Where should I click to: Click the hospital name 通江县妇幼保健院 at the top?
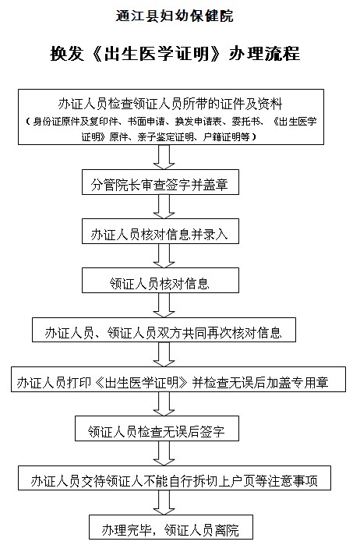(174, 16)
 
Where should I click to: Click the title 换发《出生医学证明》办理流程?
(175, 54)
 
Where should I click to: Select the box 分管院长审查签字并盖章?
(161, 182)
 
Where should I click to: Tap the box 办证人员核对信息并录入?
(161, 231)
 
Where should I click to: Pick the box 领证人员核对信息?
(161, 280)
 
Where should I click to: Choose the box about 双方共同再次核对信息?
(164, 330)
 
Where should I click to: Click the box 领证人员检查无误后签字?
(157, 428)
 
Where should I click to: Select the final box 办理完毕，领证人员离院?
(171, 527)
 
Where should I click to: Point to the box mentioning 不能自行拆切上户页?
(174, 478)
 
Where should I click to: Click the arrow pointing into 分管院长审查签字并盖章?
(164, 157)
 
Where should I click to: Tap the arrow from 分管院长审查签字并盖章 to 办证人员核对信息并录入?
(164, 207)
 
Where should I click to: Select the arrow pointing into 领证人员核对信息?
(164, 256)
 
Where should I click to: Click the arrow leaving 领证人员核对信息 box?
(164, 305)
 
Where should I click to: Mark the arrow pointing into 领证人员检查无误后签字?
(164, 404)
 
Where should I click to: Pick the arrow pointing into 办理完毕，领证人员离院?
(164, 503)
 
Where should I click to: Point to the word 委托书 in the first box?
(246, 122)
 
